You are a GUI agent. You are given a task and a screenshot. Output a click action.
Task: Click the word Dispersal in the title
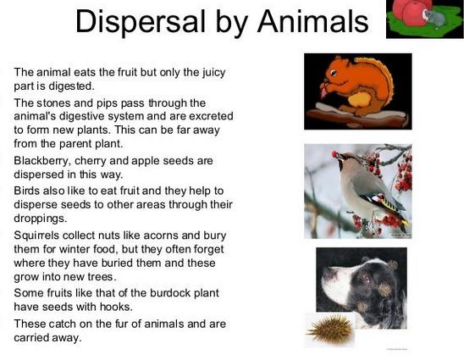[141, 21]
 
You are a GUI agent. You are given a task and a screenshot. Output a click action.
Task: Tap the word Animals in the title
[312, 21]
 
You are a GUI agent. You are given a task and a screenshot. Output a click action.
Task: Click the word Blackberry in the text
[42, 161]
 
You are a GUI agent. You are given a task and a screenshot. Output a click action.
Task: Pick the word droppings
[41, 219]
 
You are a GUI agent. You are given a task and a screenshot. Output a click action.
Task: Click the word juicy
[213, 73]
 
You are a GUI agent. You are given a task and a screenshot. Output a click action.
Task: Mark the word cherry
[90, 161]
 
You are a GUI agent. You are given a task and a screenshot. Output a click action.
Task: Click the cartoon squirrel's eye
[334, 73]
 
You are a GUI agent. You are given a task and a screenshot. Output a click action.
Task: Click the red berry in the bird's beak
[334, 154]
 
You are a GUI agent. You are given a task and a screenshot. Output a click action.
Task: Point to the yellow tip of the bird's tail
[406, 223]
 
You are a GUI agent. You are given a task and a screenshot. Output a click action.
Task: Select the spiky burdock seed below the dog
[331, 329]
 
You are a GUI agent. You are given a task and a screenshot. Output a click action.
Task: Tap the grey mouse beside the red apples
[434, 18]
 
